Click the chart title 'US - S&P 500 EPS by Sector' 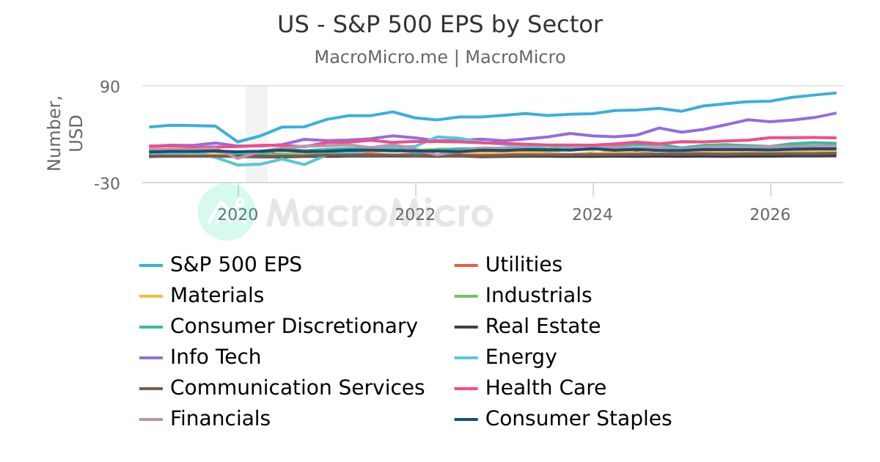[x=440, y=25]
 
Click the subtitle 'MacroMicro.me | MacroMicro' [x=440, y=57]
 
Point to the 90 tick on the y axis [x=109, y=87]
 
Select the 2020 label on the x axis [x=238, y=215]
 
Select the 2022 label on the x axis [x=416, y=215]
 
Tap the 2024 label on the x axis [x=593, y=215]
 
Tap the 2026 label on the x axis [x=770, y=215]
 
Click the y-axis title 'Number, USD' [x=65, y=134]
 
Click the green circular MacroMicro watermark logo [x=227, y=212]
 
